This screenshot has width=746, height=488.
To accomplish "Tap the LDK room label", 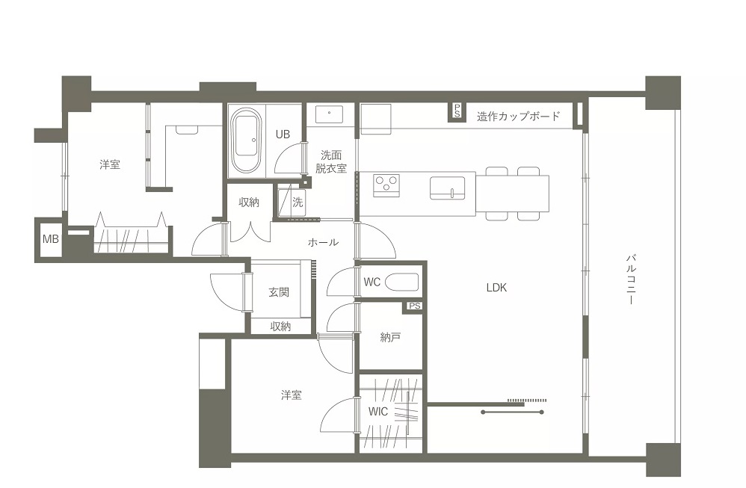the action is (496, 287).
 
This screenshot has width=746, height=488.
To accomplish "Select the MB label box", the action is (50, 238).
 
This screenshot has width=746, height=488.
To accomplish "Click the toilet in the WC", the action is (401, 282).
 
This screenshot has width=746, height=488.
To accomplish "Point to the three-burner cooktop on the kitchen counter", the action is (386, 185).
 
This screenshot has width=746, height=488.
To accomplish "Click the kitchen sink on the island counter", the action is (448, 188).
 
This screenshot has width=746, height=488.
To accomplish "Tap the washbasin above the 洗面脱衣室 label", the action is (329, 114).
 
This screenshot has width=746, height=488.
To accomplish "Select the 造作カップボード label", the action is (518, 116).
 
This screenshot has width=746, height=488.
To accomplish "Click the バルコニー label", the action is (631, 279).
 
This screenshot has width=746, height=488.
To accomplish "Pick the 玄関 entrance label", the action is (279, 292).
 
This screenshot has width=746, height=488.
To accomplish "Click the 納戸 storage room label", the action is (390, 337).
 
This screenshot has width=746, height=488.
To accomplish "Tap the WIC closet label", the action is (377, 412).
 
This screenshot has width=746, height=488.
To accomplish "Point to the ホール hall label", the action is (323, 242).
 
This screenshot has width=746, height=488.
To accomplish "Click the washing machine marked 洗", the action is (292, 202).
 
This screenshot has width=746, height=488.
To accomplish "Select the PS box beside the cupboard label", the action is (457, 112).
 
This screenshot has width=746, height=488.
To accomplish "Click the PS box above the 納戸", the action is (414, 306).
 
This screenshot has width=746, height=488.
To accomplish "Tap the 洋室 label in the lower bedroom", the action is (292, 395).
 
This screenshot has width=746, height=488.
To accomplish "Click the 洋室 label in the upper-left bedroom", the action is (110, 164).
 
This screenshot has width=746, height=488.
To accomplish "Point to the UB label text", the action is (283, 134).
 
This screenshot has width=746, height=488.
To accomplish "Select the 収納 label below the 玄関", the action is (281, 327).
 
